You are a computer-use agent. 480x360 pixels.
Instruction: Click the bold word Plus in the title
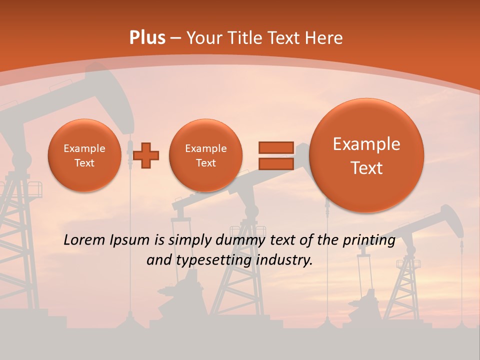pyautogui.click(x=147, y=38)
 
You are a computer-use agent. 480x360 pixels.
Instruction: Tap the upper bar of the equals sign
pyautogui.click(x=275, y=147)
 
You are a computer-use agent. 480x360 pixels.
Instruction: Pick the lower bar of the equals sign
pyautogui.click(x=275, y=164)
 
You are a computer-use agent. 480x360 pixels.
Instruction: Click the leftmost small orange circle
pyautogui.click(x=84, y=155)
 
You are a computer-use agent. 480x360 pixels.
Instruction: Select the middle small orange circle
pyautogui.click(x=205, y=155)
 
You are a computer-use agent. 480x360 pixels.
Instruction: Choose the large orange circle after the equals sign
pyautogui.click(x=366, y=155)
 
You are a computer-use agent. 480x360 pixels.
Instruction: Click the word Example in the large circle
pyautogui.click(x=366, y=144)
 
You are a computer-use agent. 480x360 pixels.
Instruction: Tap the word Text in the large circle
pyautogui.click(x=366, y=168)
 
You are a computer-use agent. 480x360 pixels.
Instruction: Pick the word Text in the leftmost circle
pyautogui.click(x=84, y=163)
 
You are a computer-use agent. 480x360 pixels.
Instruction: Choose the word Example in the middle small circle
pyautogui.click(x=205, y=148)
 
